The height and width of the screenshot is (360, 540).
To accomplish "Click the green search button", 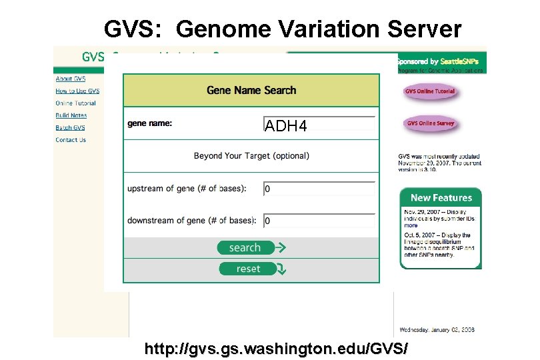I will click(x=245, y=247).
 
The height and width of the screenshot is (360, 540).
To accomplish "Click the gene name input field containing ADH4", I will click(x=319, y=124).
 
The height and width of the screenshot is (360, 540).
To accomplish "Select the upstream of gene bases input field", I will click(x=319, y=189).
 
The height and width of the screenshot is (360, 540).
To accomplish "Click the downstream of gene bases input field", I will click(x=319, y=221).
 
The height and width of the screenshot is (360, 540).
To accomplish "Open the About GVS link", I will click(x=70, y=79).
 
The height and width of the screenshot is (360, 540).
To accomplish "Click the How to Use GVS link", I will click(x=77, y=91).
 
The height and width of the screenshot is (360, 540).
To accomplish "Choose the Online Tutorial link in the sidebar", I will click(x=75, y=103).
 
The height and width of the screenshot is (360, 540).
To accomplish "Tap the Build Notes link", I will click(x=71, y=115).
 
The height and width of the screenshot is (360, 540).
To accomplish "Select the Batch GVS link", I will click(x=70, y=127).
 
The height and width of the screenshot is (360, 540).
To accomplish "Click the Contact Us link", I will click(x=71, y=140).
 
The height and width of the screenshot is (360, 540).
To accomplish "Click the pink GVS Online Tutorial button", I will click(x=430, y=91).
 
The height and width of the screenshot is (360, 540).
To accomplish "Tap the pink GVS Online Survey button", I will click(x=430, y=123).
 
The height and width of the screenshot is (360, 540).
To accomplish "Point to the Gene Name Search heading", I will click(x=251, y=90).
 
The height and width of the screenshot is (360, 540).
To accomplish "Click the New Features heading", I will click(x=441, y=197).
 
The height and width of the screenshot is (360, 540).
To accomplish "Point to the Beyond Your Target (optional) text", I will click(x=251, y=156).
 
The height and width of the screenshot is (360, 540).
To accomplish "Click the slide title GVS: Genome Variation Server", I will click(x=283, y=29).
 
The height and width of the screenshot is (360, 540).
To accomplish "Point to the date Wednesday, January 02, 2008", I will click(x=437, y=329).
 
